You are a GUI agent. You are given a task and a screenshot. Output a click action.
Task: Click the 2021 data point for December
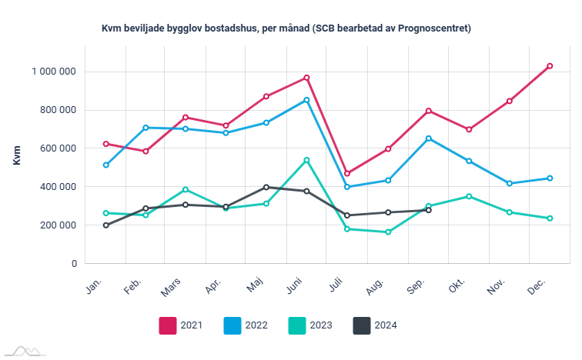550,66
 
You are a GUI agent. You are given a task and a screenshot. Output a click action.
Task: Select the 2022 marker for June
306,100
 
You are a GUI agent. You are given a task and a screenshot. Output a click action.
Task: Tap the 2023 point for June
306,160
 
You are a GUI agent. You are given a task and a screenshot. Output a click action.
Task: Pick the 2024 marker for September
429,210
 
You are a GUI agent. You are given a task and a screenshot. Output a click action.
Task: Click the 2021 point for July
347,173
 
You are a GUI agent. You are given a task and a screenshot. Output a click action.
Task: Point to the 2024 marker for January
105,225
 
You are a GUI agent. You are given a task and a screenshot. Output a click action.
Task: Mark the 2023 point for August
388,232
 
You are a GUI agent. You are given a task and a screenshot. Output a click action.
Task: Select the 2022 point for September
429,138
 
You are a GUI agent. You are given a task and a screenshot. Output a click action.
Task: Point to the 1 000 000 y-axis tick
53,72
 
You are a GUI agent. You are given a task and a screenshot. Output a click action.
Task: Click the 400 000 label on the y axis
58,187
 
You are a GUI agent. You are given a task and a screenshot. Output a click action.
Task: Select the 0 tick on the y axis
74,264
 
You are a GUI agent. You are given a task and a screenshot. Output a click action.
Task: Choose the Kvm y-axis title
17,155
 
